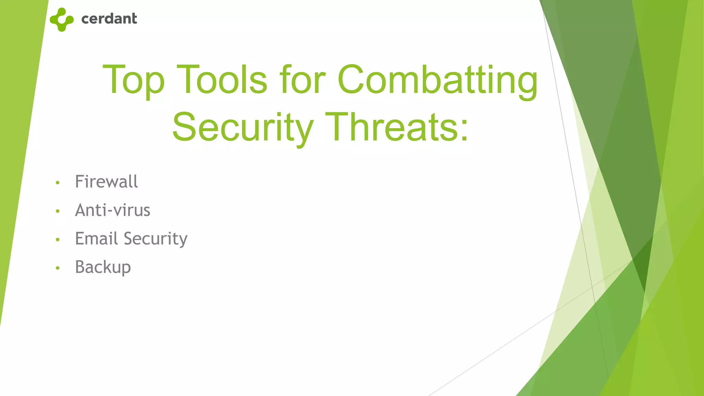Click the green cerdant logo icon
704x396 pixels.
[x=62, y=20]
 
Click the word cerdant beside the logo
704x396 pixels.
[x=109, y=19]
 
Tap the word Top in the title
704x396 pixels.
[x=133, y=80]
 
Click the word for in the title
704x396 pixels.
[x=302, y=80]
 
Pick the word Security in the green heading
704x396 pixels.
[x=243, y=128]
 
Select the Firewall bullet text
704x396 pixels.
[x=106, y=181]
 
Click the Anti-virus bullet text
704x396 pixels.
[x=112, y=210]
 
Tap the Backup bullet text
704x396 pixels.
[x=103, y=267]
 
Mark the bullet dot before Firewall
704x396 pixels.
[x=58, y=183]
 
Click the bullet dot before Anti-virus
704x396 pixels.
[x=58, y=211]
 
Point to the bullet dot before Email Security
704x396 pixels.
[x=58, y=240]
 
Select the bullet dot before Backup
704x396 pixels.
[x=58, y=268]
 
